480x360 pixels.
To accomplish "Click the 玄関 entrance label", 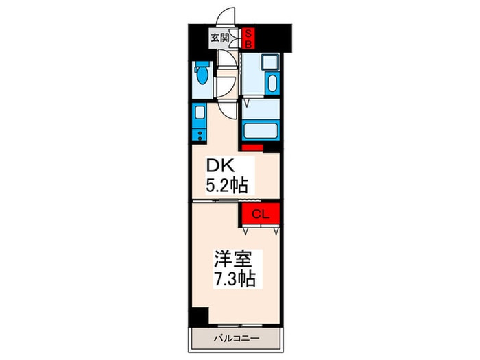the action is [x=219, y=38].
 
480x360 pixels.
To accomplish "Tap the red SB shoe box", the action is [x=248, y=38].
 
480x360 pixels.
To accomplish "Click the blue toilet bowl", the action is [x=202, y=74].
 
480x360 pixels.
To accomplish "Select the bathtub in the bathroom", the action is [x=261, y=130].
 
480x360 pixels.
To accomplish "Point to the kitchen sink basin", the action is [x=200, y=112].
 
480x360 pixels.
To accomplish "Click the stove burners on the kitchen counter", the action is [x=200, y=136].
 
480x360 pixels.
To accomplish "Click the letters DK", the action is [x=220, y=166].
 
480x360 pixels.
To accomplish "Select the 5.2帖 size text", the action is [x=226, y=185].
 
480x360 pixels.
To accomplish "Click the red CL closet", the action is [x=261, y=214].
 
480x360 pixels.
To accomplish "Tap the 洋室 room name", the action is [x=232, y=259].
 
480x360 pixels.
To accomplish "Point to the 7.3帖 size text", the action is [x=235, y=278].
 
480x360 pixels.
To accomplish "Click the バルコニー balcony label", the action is [x=237, y=339].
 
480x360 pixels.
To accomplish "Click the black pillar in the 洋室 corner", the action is [x=198, y=316].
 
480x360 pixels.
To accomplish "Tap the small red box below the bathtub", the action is [x=252, y=147].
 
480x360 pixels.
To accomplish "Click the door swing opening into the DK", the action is [x=228, y=109].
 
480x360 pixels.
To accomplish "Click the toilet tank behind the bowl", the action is [x=202, y=64].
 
